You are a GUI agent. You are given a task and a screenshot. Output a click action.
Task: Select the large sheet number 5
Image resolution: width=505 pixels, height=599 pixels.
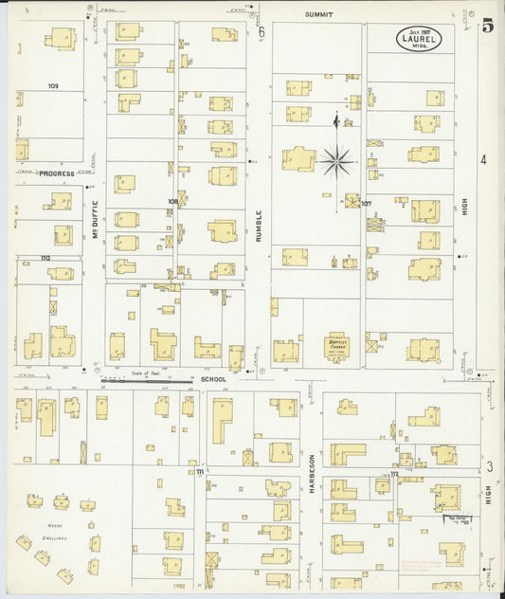click(487, 27)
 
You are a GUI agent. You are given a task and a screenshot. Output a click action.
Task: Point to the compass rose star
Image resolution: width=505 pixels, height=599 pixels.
click(335, 161)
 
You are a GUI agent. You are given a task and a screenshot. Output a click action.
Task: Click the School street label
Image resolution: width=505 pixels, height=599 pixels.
click(213, 380)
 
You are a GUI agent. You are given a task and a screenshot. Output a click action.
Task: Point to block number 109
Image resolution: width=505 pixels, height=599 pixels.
click(53, 86)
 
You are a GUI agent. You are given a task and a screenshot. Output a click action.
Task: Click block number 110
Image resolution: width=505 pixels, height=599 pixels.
click(45, 258)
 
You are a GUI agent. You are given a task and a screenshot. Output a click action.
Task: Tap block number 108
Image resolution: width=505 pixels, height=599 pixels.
click(172, 201)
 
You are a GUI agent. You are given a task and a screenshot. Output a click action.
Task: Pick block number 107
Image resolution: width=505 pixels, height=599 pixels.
click(366, 203)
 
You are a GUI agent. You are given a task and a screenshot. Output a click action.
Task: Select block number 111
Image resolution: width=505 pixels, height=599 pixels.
click(199, 471)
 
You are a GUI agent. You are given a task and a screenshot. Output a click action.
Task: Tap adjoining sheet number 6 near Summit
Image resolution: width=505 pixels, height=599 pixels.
click(262, 30)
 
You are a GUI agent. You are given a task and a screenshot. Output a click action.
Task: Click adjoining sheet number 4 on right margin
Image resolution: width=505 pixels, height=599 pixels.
click(483, 159)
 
